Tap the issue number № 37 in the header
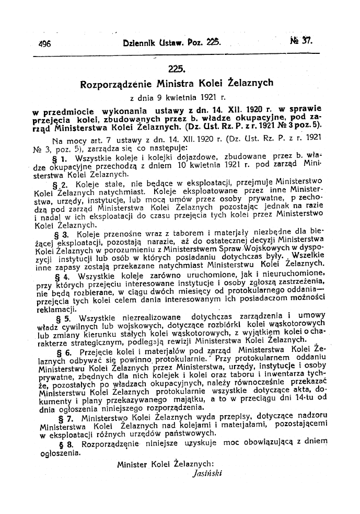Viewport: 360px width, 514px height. click(301, 43)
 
